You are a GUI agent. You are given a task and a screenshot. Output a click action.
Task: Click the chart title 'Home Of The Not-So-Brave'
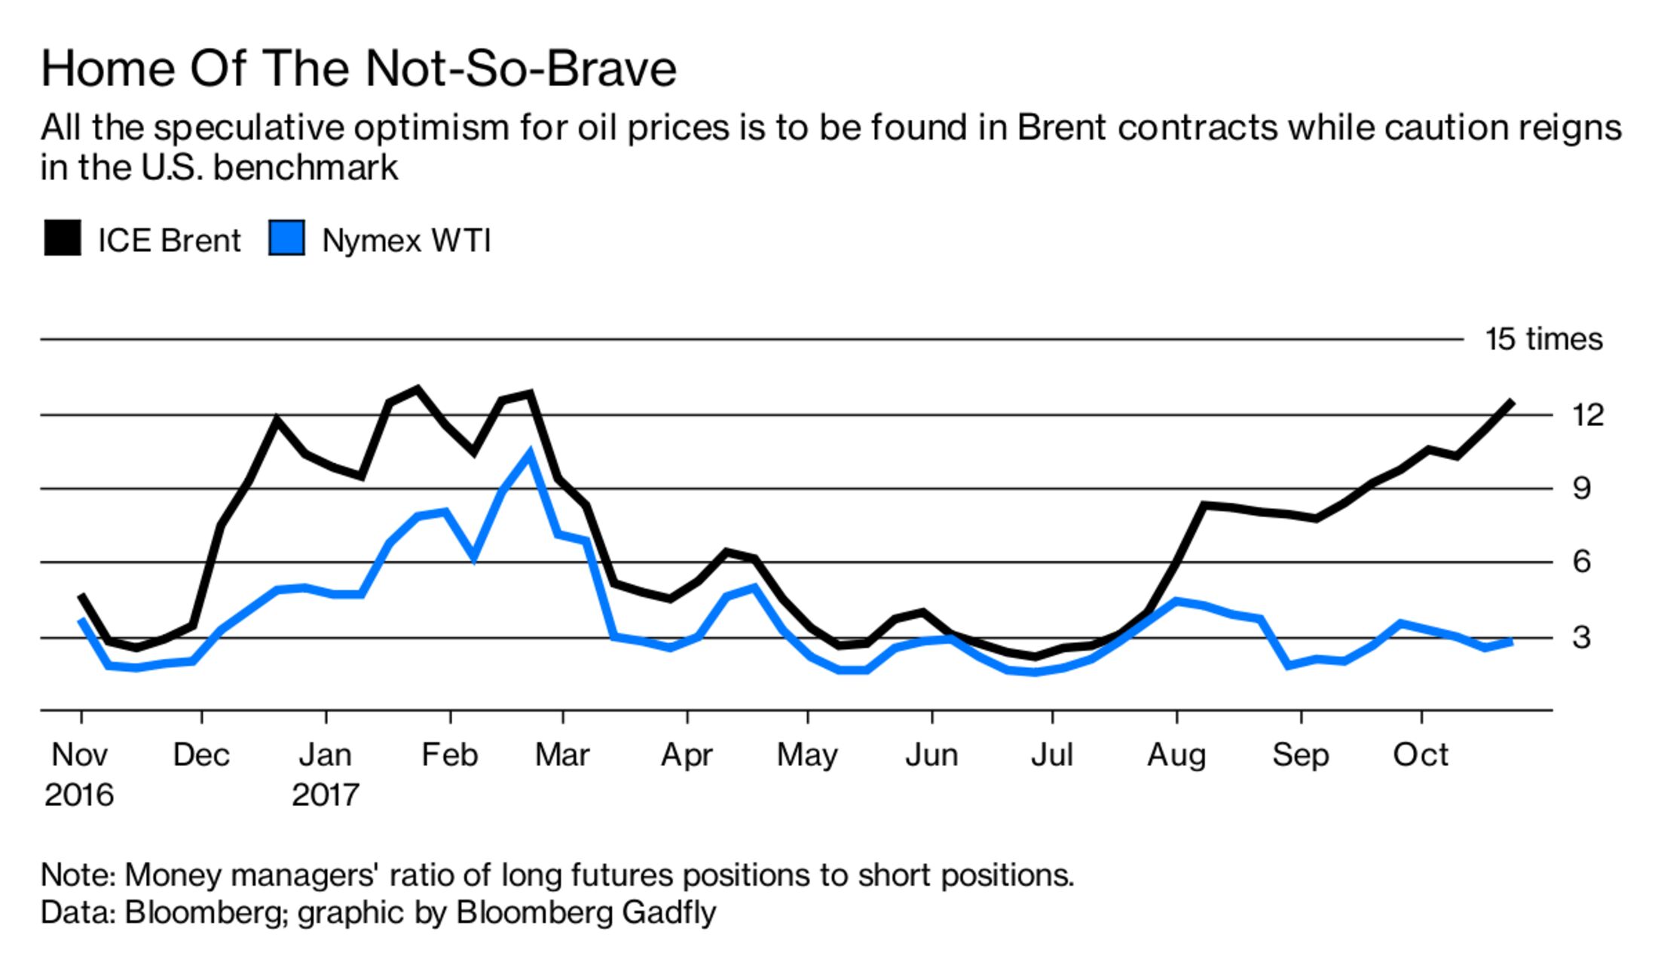(x=359, y=69)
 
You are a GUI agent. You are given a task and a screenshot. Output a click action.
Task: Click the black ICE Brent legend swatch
(x=63, y=238)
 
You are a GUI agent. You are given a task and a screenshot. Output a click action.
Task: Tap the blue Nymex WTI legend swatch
(x=287, y=238)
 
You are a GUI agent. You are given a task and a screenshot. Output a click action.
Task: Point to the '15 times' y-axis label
(x=1543, y=339)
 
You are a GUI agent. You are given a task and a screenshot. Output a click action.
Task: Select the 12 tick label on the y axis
(x=1588, y=415)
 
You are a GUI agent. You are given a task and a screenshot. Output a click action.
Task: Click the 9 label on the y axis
(x=1581, y=489)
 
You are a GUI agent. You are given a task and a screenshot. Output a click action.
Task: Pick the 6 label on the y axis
(x=1581, y=562)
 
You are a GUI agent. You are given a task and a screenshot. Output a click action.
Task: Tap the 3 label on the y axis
(x=1581, y=637)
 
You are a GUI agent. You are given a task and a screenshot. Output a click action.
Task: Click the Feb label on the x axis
(x=449, y=755)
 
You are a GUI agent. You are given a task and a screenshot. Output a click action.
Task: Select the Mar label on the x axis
(x=562, y=755)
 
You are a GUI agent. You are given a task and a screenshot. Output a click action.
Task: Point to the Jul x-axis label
(x=1051, y=755)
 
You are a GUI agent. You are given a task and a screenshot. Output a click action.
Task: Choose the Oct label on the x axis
(x=1420, y=755)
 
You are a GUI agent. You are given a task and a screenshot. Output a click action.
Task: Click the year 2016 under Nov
(x=79, y=795)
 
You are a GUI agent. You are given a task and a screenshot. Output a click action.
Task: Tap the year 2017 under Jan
(x=326, y=795)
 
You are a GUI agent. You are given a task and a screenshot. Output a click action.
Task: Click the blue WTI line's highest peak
(x=530, y=454)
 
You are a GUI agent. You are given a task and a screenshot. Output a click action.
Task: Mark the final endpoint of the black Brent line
(x=1511, y=402)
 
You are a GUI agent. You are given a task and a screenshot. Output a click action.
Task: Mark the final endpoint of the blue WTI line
(x=1511, y=642)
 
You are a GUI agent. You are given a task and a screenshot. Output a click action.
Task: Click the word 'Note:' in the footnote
(x=78, y=875)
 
